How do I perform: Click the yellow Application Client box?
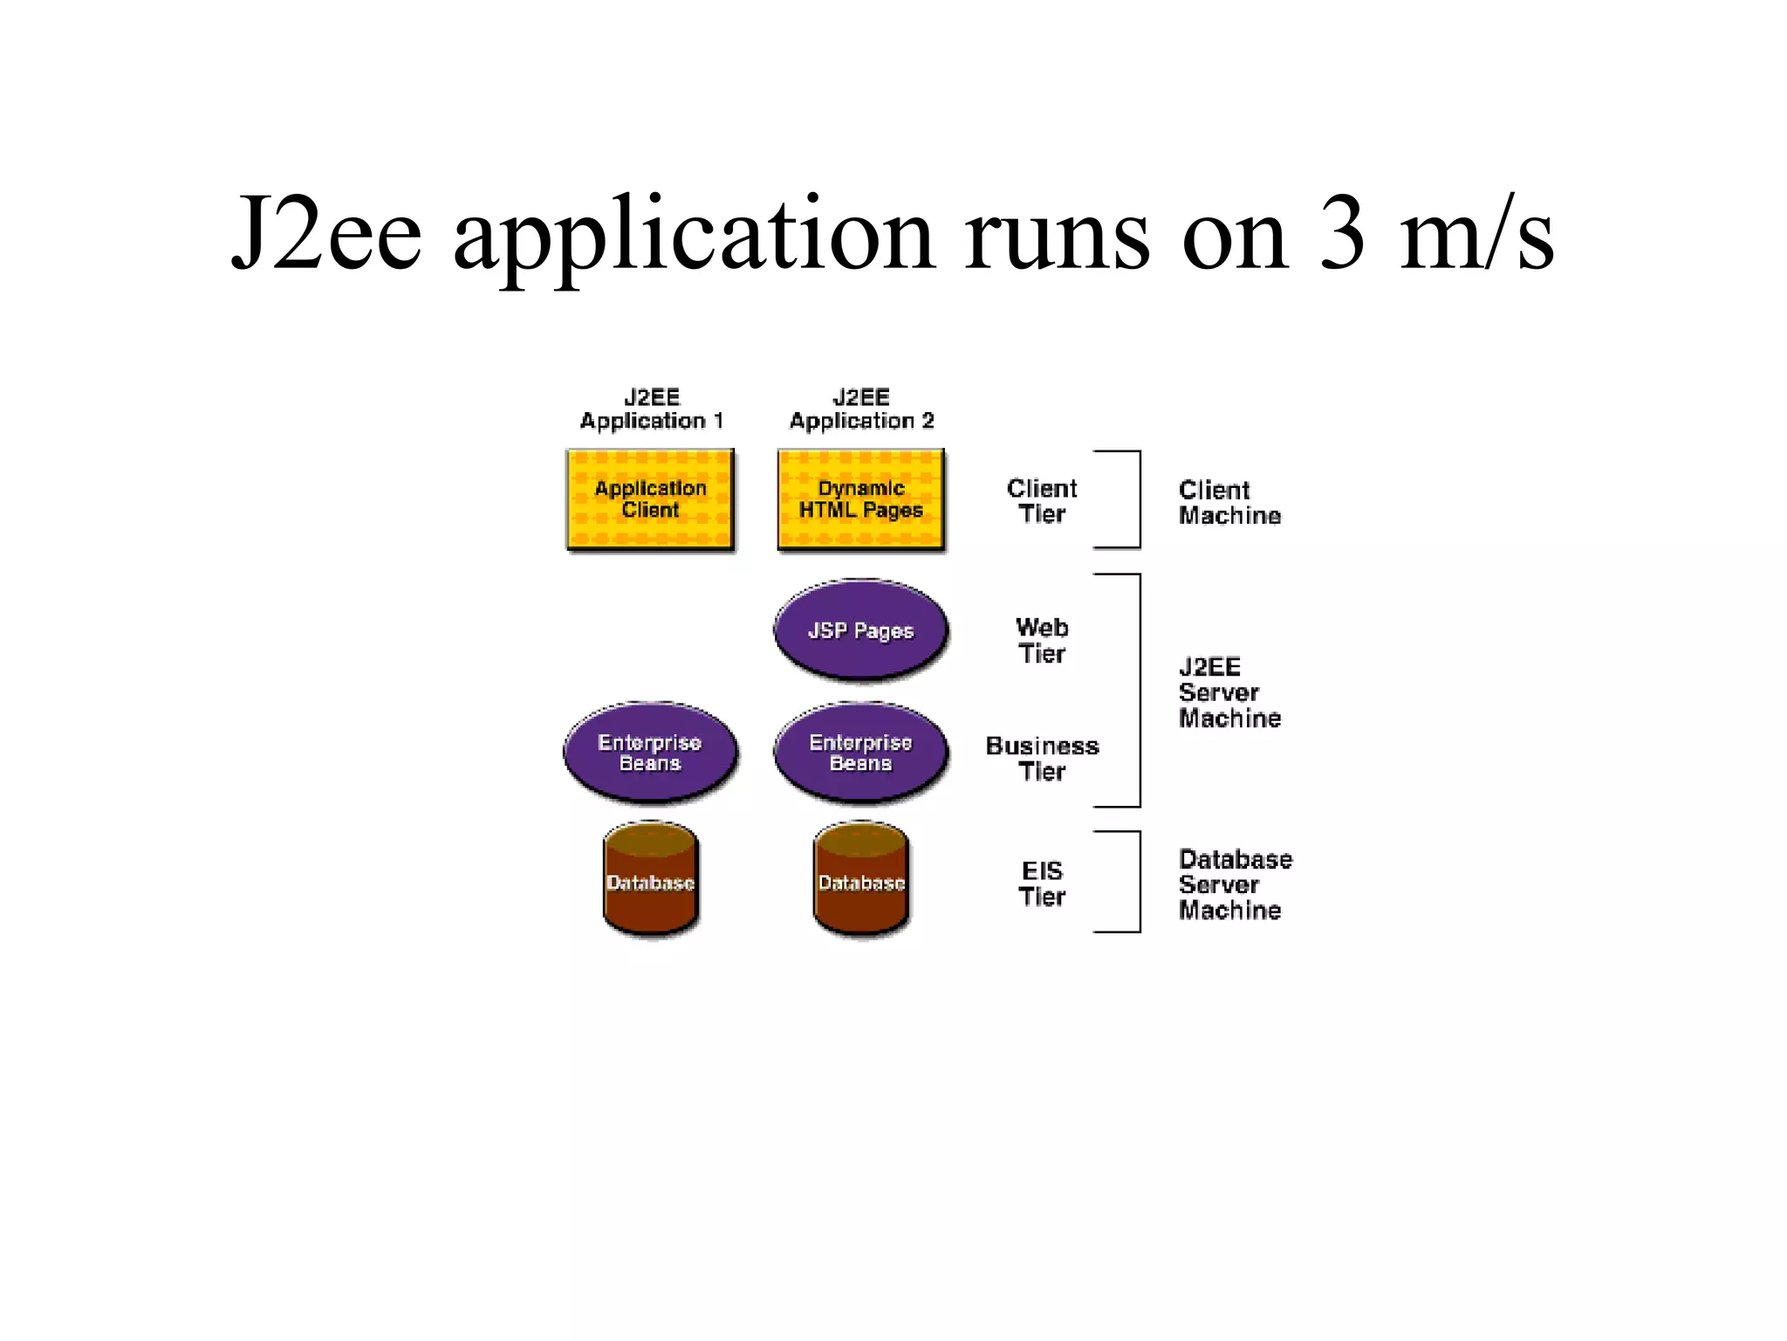(x=650, y=499)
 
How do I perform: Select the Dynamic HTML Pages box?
(x=860, y=499)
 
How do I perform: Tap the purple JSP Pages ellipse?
(x=860, y=630)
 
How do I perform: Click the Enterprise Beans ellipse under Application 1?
(x=650, y=753)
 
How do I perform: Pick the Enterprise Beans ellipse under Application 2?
(x=860, y=753)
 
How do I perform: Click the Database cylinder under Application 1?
(x=650, y=880)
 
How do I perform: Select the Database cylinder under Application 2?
(x=861, y=880)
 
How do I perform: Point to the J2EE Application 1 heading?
(x=652, y=409)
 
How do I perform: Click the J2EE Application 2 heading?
(x=861, y=409)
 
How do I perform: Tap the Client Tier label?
(x=1042, y=501)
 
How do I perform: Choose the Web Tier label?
(x=1042, y=640)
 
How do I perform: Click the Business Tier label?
(x=1042, y=759)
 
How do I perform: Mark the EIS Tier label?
(x=1042, y=884)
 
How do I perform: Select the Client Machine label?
(x=1229, y=503)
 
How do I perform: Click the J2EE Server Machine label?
(x=1229, y=692)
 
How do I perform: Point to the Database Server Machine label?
(x=1234, y=884)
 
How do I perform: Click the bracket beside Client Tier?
(x=1138, y=499)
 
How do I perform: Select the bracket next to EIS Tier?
(x=1138, y=882)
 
